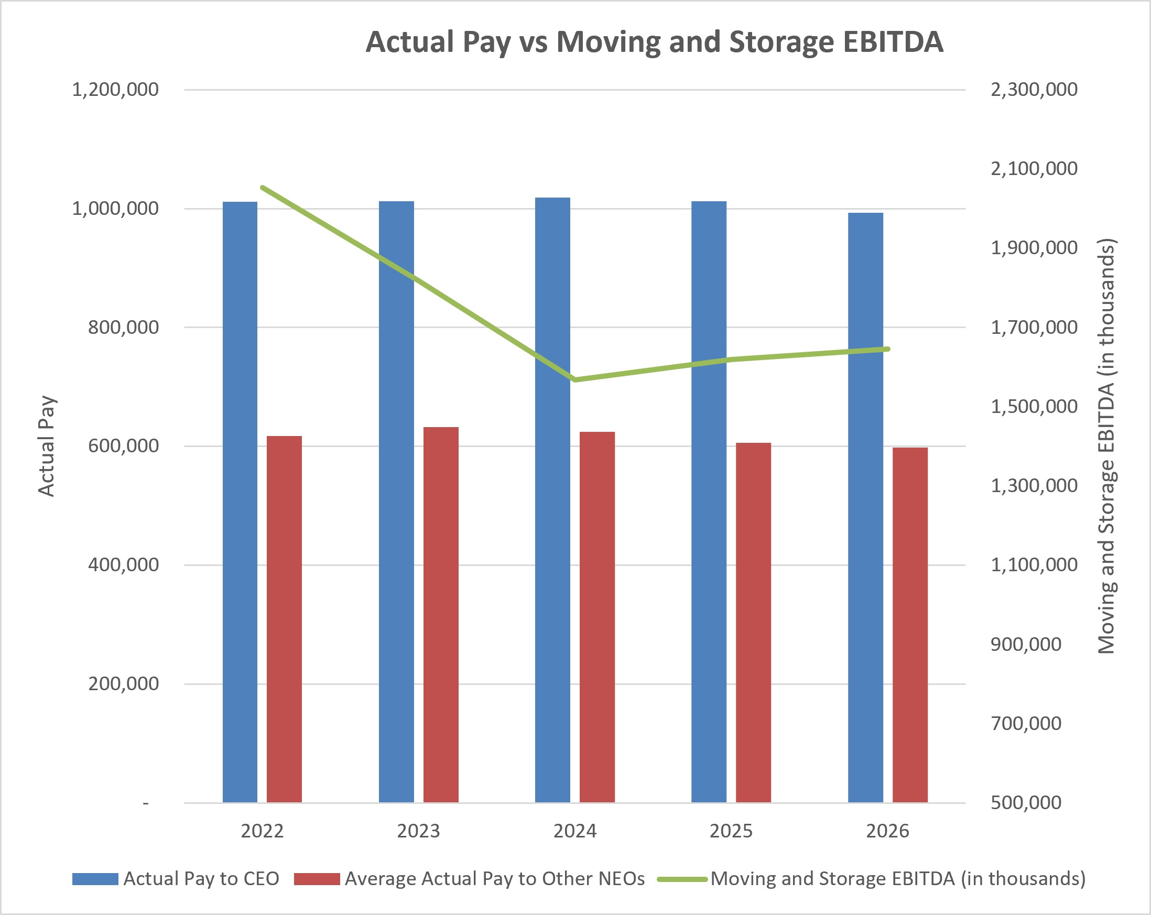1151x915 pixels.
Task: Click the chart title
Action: (655, 42)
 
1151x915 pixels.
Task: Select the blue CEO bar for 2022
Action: (240, 502)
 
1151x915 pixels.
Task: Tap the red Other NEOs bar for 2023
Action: (441, 614)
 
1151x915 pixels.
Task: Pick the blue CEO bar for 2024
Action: (552, 499)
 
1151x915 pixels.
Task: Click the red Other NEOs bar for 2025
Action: (753, 623)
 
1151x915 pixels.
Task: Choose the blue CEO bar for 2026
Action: (865, 507)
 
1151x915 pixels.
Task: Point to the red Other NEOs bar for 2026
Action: (910, 625)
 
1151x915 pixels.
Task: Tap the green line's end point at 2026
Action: (887, 349)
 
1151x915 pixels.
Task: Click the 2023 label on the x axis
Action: (419, 831)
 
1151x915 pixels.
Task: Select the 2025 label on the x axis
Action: (731, 831)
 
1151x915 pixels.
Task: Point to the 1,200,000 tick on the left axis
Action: (115, 90)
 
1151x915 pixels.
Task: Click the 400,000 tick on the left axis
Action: (123, 565)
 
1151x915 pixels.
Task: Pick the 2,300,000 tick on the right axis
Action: (1034, 90)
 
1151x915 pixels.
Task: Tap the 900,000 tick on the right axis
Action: (1026, 645)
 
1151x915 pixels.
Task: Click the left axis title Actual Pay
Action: (47, 446)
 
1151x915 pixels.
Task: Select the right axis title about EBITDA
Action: (1106, 446)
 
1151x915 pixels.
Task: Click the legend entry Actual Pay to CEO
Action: (176, 879)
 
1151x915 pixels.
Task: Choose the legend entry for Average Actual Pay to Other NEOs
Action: (470, 879)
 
